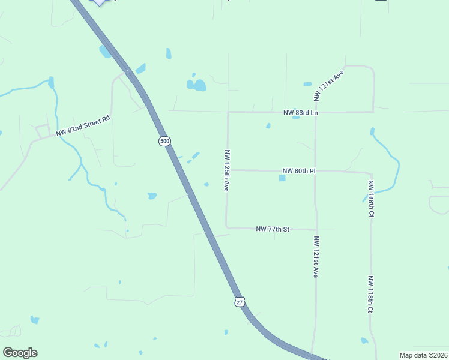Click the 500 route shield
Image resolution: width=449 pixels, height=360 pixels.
tap(164, 141)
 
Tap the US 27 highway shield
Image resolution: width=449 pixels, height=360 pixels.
tap(240, 301)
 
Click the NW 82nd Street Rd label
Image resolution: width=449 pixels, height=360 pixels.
tap(84, 126)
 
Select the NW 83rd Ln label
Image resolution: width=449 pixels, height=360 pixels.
tap(301, 112)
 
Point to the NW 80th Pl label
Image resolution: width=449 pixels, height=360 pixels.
tap(298, 171)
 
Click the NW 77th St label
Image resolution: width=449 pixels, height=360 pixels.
tap(273, 229)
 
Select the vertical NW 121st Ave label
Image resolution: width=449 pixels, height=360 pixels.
tap(316, 256)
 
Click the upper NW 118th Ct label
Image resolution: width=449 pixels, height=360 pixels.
tap(372, 199)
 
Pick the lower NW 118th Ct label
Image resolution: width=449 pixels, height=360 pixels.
tap(371, 294)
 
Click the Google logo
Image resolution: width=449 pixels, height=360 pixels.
tap(20, 353)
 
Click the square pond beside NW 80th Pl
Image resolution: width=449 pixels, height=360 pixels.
tap(282, 178)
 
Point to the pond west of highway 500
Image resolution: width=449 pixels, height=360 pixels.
tap(152, 196)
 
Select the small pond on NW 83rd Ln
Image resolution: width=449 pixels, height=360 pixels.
tap(295, 117)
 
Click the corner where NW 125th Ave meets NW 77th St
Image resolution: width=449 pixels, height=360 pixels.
tap(227, 227)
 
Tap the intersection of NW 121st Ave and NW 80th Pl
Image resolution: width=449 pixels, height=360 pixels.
tap(316, 171)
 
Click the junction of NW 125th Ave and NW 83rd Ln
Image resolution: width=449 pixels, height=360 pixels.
tap(228, 112)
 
